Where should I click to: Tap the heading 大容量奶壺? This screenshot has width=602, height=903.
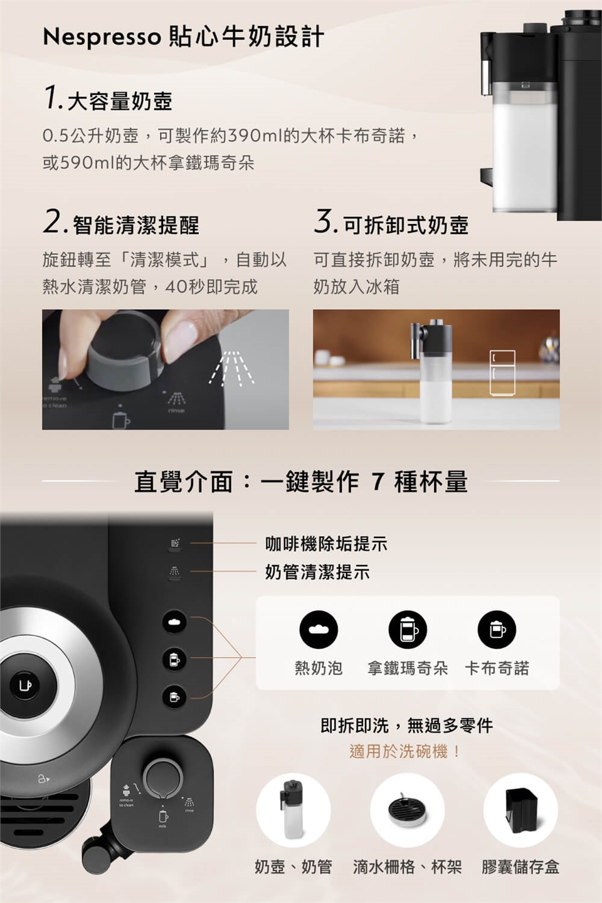point(120,101)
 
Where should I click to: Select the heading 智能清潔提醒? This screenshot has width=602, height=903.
point(135,225)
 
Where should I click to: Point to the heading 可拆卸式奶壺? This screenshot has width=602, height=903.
point(406,225)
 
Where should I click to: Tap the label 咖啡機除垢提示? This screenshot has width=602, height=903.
point(326,544)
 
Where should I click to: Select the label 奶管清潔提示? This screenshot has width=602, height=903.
point(317,572)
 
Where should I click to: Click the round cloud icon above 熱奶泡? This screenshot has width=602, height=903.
point(319,630)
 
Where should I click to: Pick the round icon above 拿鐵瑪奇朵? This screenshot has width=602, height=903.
point(408,630)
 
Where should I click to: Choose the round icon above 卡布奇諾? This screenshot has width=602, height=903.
point(497,630)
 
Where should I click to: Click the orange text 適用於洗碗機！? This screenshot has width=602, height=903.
point(405,751)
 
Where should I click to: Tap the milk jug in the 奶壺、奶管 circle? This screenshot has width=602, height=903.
point(291,810)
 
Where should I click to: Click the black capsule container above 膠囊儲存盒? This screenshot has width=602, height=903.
point(522,810)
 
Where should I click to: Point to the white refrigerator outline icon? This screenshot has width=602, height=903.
point(502,372)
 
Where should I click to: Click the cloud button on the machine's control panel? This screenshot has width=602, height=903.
point(174,621)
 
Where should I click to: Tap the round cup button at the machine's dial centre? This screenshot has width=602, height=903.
point(25,685)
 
